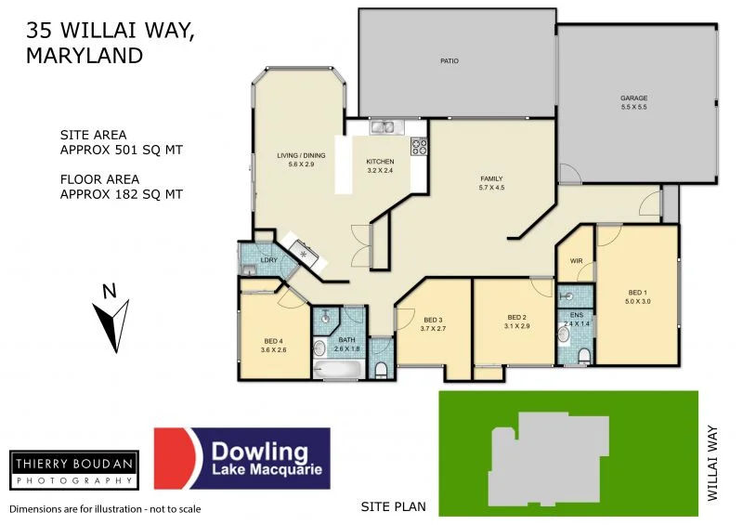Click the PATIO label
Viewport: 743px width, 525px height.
450,61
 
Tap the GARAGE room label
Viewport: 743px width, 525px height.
633,98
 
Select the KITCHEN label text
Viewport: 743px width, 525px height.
380,162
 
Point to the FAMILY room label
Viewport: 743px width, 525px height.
491,178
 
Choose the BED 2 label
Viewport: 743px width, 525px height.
516,317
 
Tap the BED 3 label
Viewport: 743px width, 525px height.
434,319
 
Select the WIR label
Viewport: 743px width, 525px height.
575,262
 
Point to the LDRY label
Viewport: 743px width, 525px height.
267,260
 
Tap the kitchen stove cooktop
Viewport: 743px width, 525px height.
419,146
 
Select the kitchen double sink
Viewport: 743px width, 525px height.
383,127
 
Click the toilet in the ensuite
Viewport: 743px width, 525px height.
583,356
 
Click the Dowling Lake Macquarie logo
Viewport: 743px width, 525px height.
241,458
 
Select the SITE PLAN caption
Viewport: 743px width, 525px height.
393,506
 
